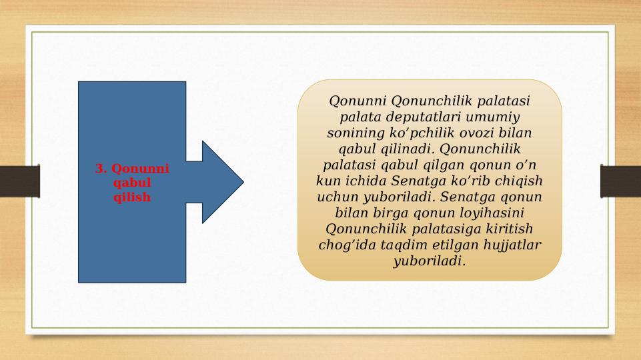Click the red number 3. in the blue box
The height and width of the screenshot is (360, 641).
click(x=101, y=169)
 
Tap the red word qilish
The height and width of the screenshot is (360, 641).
click(x=132, y=197)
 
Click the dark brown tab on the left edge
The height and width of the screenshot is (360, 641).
click(x=20, y=181)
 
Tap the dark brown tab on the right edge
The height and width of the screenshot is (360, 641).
click(x=620, y=181)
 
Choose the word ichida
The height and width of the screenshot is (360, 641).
click(x=364, y=181)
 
